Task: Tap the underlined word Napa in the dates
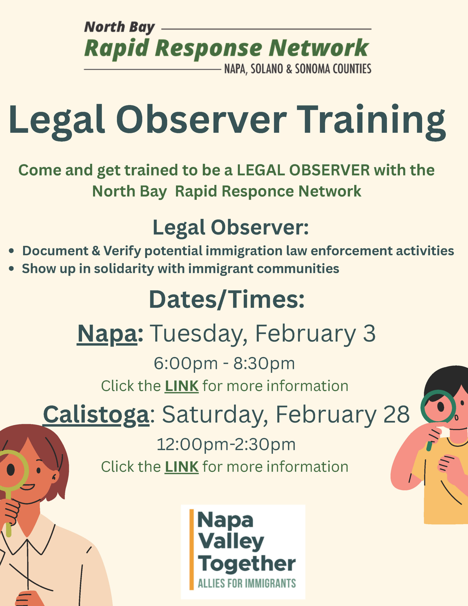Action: pyautogui.click(x=107, y=334)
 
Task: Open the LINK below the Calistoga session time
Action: pyautogui.click(x=182, y=467)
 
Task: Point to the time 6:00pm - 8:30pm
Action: pyautogui.click(x=224, y=364)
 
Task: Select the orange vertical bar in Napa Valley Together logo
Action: pyautogui.click(x=191, y=549)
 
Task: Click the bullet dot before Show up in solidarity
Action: pyautogui.click(x=11, y=269)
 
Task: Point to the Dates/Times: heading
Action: pyautogui.click(x=227, y=300)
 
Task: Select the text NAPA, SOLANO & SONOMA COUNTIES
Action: pyautogui.click(x=298, y=69)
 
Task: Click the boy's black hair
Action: pyautogui.click(x=444, y=380)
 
